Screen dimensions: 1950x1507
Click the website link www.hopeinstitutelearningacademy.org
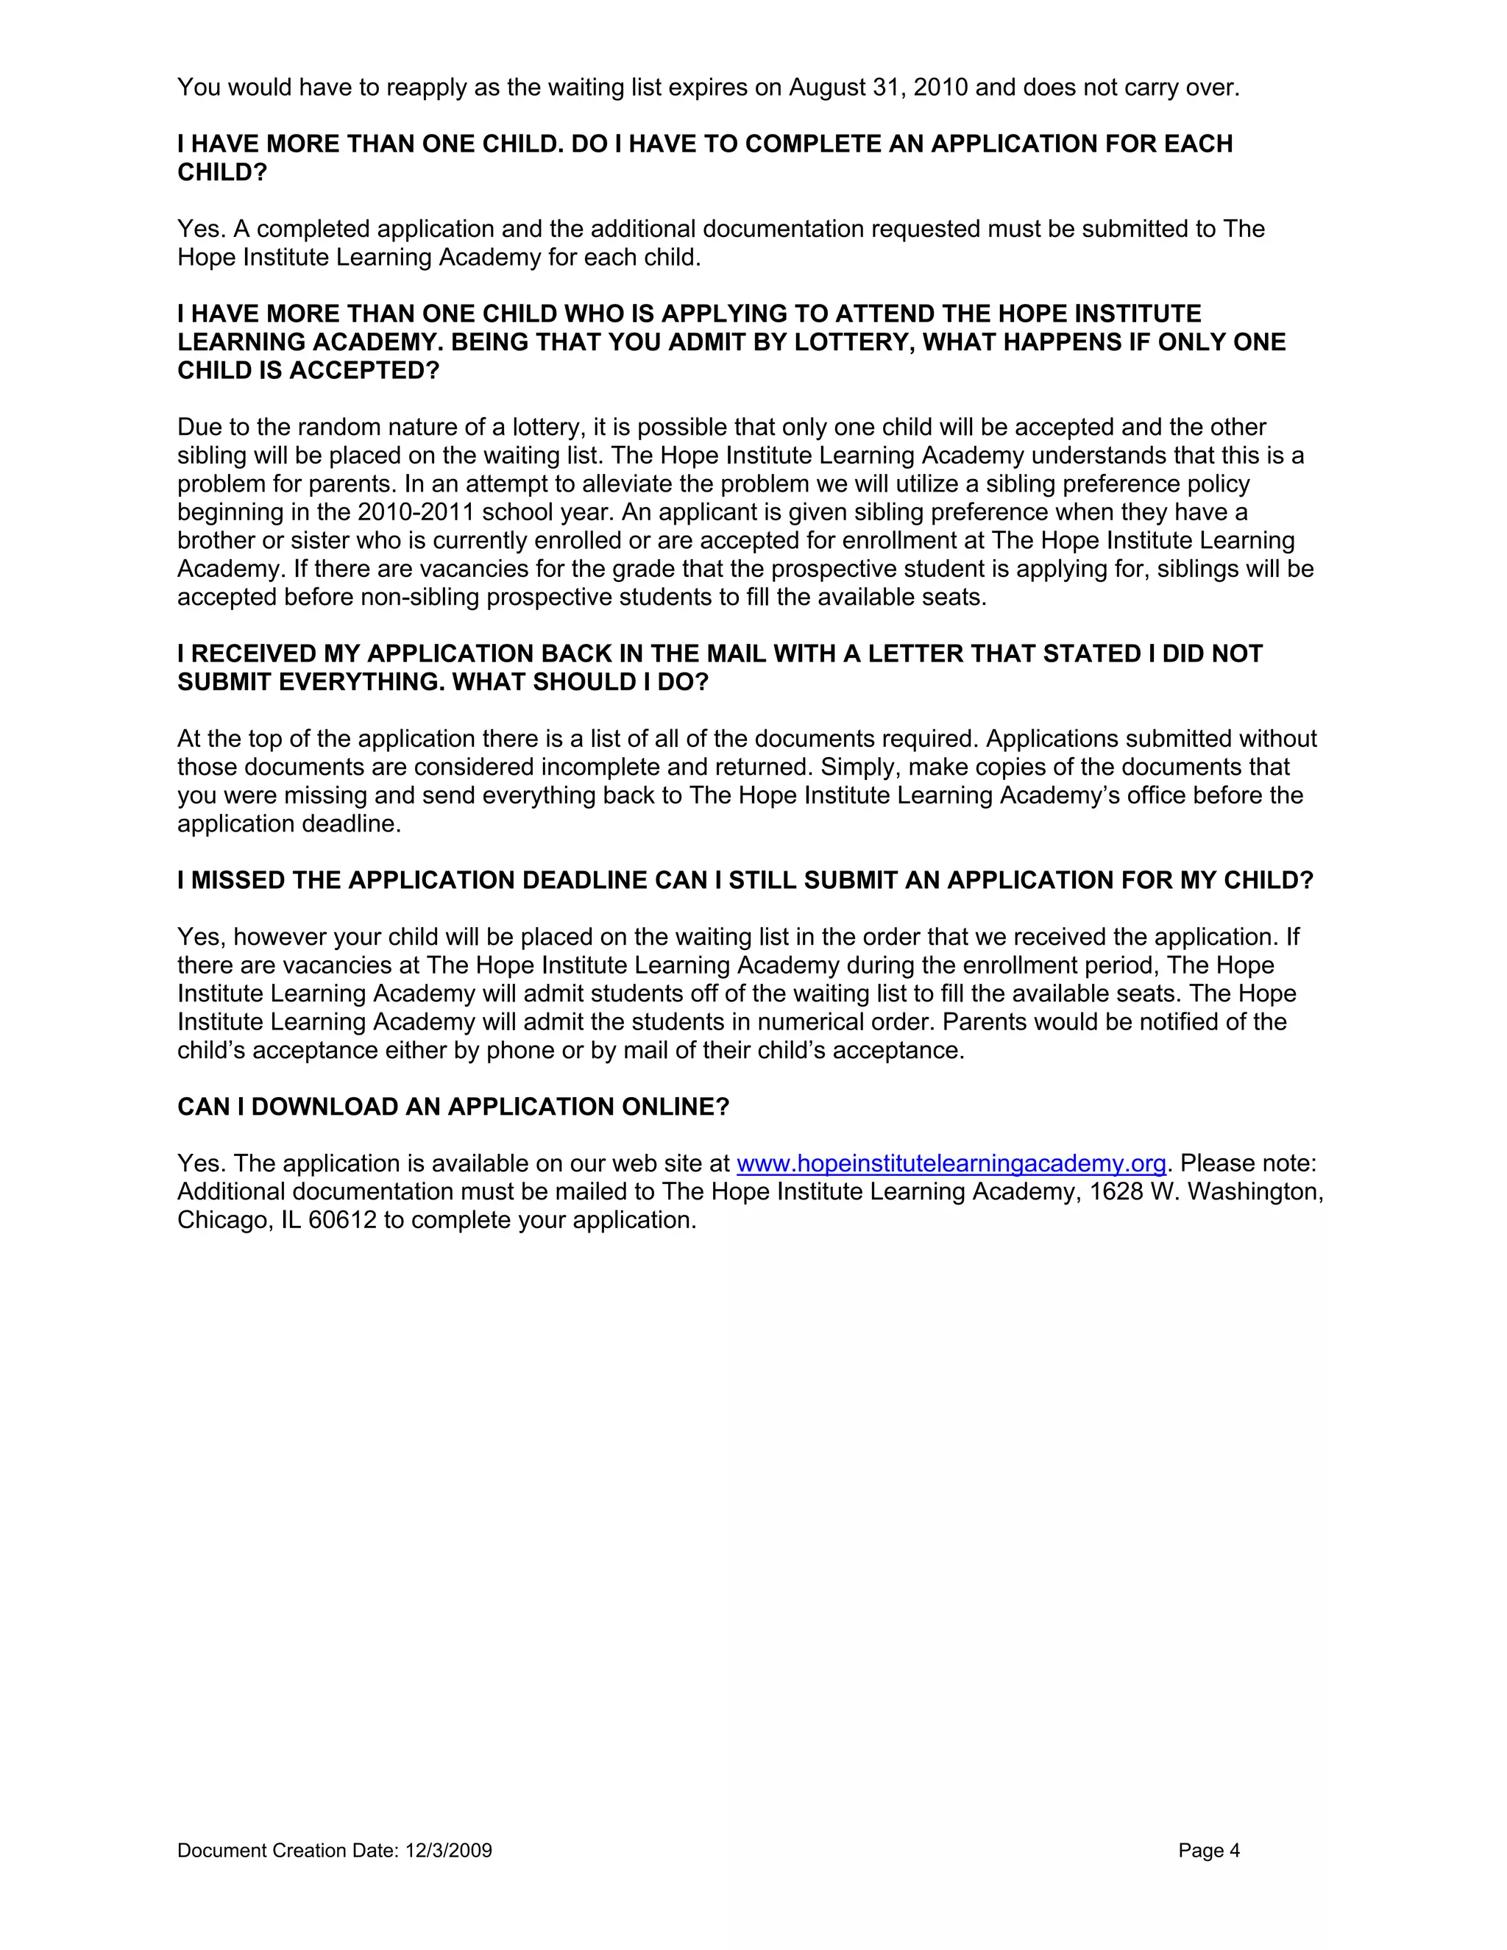point(951,1163)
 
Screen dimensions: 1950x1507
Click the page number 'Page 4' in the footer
point(1209,1850)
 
